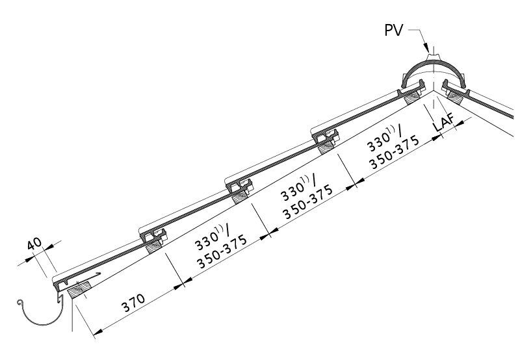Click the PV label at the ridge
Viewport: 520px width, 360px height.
coord(394,30)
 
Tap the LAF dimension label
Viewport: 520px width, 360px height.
coord(443,123)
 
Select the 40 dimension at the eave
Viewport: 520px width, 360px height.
coord(34,244)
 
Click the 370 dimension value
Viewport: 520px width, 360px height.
coord(133,303)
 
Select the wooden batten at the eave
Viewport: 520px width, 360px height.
coord(79,290)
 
